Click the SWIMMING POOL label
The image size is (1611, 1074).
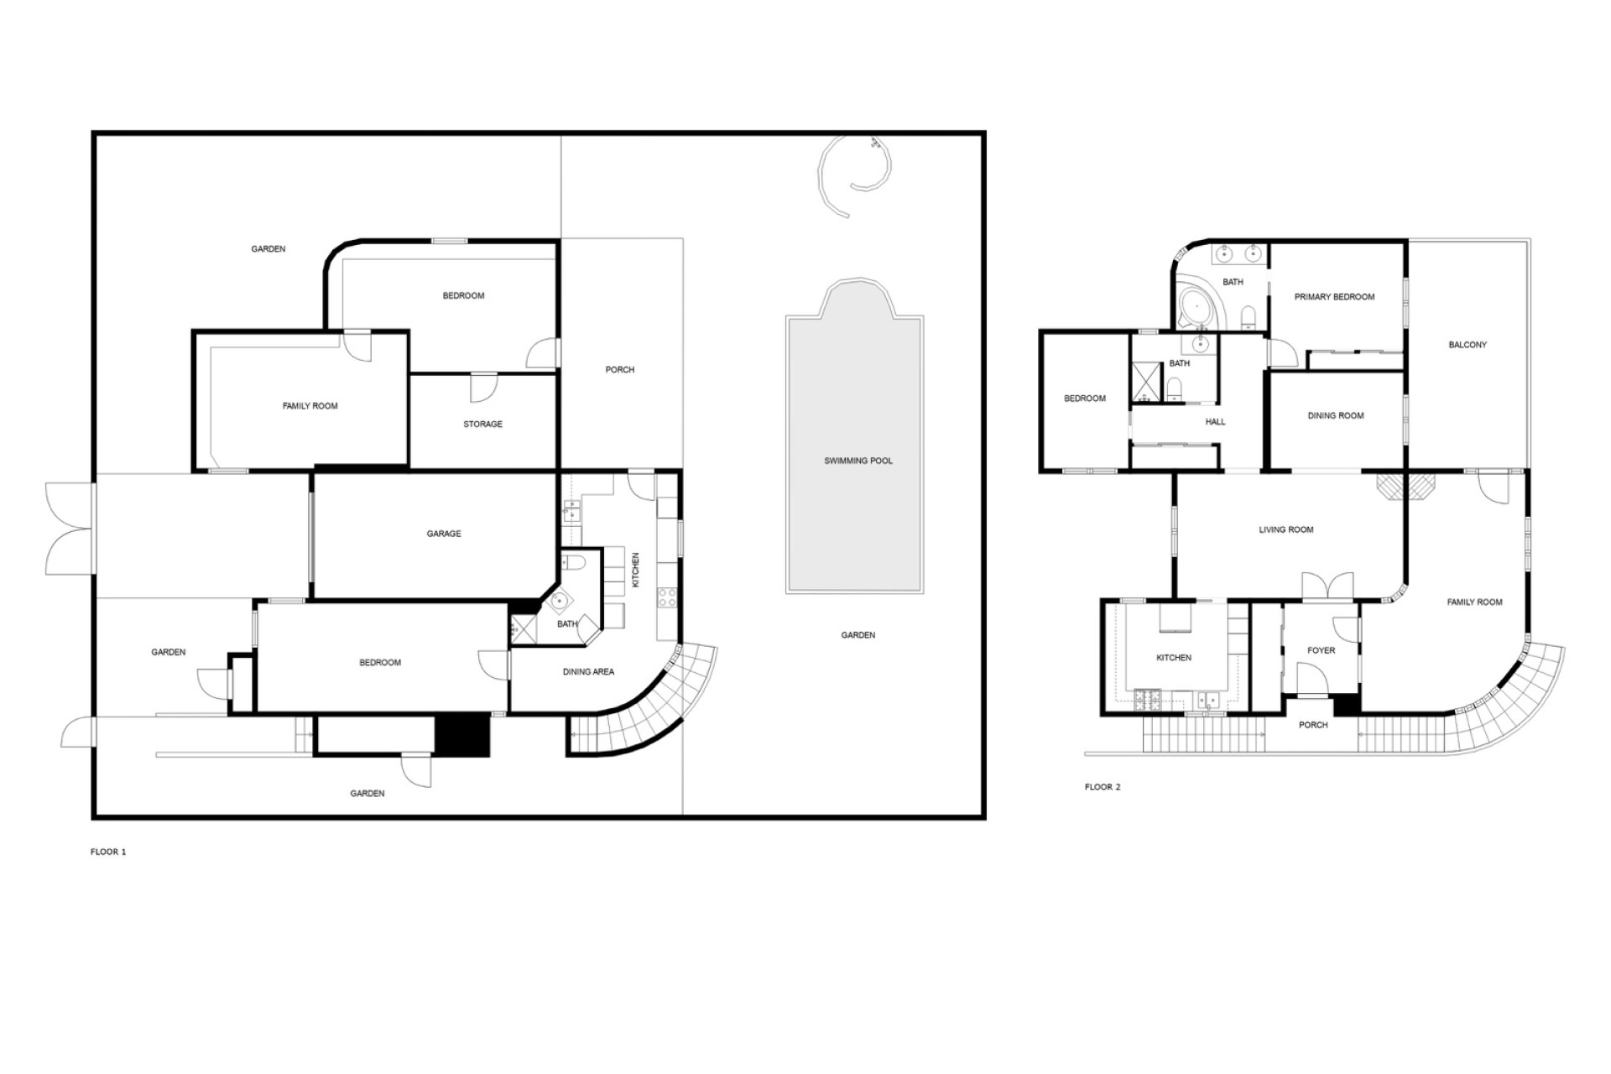[858, 461]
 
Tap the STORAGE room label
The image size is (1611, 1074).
[482, 425]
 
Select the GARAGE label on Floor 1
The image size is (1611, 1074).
[444, 534]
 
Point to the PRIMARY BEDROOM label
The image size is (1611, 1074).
[1334, 297]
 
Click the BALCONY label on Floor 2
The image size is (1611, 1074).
[1468, 345]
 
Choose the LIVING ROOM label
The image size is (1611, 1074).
[1286, 530]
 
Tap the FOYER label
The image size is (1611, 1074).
[1321, 650]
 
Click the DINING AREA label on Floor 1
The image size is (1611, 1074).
[588, 672]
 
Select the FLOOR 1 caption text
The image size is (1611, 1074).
[108, 852]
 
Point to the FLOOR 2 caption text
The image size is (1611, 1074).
[1103, 787]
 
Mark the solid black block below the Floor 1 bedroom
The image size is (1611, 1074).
[461, 736]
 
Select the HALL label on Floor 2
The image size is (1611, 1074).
[1215, 422]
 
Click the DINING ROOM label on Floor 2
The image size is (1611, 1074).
[1336, 416]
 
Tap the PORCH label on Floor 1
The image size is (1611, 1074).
[620, 370]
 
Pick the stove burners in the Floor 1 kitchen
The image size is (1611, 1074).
[667, 597]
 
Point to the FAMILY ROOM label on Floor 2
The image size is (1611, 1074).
[1474, 602]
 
